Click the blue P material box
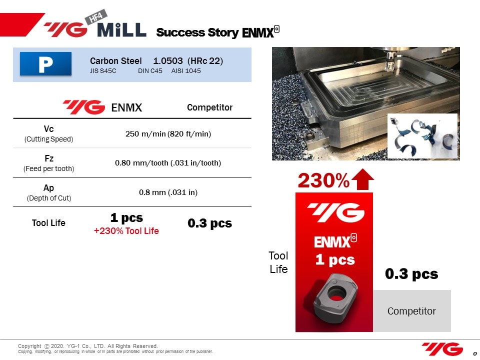45,63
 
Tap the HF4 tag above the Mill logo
96,17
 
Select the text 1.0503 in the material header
168,61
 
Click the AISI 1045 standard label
186,70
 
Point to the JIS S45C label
103,70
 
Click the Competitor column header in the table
209,107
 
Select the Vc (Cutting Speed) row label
48,134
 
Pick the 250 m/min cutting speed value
168,134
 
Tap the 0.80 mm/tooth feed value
168,163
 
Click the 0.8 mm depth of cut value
168,192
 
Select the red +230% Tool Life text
126,231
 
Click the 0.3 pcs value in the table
209,223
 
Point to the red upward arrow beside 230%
363,179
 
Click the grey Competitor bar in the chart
411,310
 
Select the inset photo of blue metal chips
422,136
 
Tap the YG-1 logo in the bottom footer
442,349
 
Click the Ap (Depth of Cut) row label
48,192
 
